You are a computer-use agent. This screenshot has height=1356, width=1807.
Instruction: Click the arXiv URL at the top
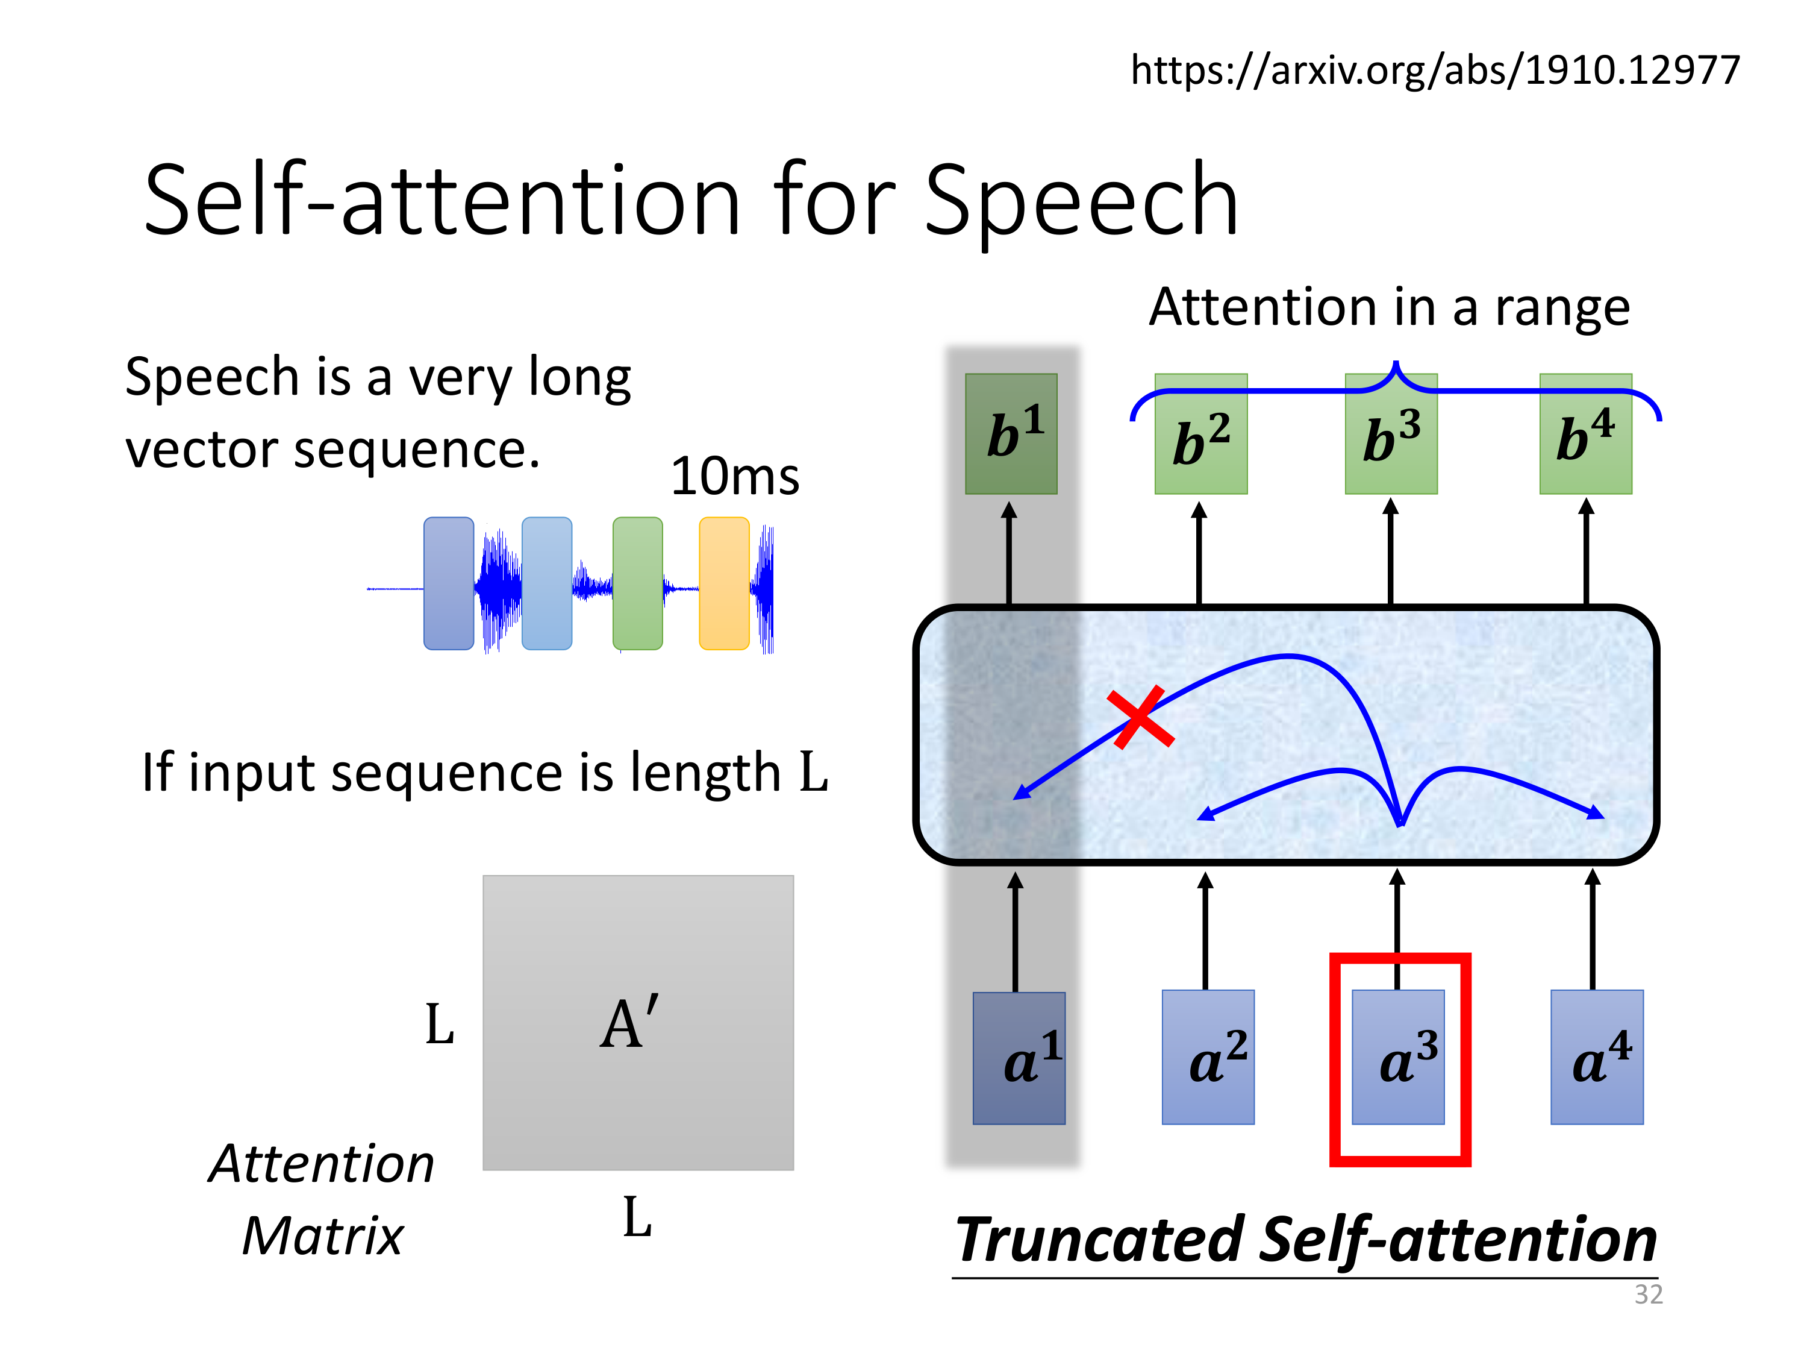point(1435,71)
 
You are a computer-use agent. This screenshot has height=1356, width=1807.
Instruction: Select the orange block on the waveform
point(724,583)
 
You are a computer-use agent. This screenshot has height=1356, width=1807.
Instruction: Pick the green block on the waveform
point(637,583)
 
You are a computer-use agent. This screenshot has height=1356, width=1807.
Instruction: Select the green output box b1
point(1011,434)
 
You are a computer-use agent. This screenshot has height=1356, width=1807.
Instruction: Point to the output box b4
point(1585,434)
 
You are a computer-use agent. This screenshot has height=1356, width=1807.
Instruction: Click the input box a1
point(1019,1058)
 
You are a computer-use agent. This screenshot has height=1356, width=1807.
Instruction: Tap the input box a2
point(1208,1058)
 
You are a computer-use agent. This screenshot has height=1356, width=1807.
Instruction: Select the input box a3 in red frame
point(1398,1058)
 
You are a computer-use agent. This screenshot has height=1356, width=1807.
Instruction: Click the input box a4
point(1596,1058)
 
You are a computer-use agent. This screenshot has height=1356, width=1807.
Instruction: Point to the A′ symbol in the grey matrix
point(629,1023)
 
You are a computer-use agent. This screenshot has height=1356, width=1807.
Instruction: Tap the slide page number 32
point(1648,1295)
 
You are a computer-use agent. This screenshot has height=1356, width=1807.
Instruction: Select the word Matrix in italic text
point(323,1236)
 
